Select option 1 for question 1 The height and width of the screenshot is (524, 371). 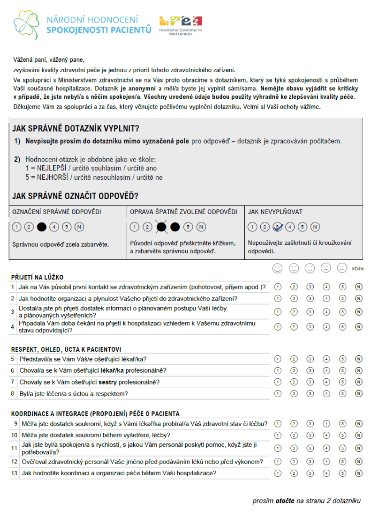[278, 287]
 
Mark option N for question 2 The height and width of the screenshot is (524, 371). [359, 298]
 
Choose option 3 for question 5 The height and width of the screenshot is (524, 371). [310, 359]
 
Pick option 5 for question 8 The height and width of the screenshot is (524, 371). [342, 394]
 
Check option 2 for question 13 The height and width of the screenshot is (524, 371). [294, 473]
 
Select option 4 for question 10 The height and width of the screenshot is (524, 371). [326, 435]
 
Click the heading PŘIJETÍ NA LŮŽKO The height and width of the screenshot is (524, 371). [37, 277]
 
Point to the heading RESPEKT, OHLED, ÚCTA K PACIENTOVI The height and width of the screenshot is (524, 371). [66, 349]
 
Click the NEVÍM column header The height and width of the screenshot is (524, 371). [358, 269]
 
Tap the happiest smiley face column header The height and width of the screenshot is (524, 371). [278, 268]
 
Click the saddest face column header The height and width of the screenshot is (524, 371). [342, 268]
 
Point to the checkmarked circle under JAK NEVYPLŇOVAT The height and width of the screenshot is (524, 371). [278, 227]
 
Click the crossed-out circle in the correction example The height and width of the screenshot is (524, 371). [162, 227]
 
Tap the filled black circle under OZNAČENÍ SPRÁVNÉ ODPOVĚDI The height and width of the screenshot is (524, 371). [42, 227]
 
